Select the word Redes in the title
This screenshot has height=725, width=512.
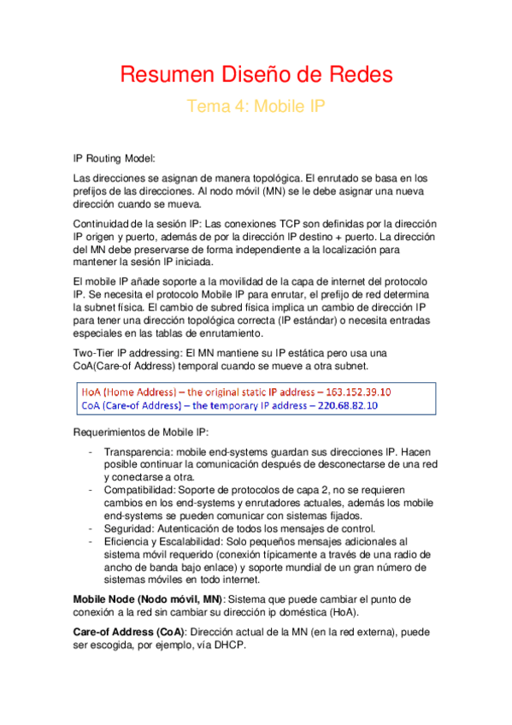pyautogui.click(x=361, y=74)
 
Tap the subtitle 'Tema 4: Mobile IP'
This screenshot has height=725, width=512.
pyautogui.click(x=256, y=107)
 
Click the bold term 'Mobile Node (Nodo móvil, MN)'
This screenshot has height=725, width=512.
pyautogui.click(x=149, y=598)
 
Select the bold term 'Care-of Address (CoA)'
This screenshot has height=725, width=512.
pyautogui.click(x=129, y=633)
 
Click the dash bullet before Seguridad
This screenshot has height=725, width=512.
pyautogui.click(x=91, y=528)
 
